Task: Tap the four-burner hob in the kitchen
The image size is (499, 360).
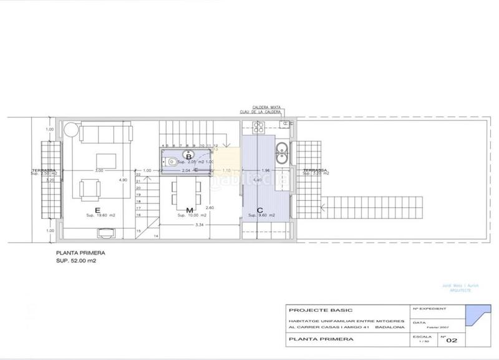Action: click(x=258, y=128)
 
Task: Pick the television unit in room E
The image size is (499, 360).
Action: click(x=104, y=233)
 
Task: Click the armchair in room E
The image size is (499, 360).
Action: click(x=89, y=187)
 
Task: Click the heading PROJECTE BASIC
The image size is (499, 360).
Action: click(x=312, y=309)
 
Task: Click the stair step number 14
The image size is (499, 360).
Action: click(x=156, y=236)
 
